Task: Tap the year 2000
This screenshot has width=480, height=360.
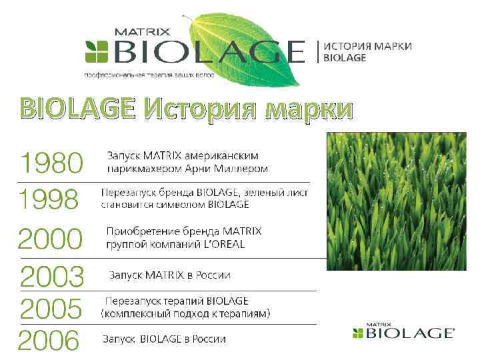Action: click(x=51, y=238)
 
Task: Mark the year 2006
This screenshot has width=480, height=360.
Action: click(x=49, y=341)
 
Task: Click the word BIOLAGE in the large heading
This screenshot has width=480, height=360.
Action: click(x=77, y=107)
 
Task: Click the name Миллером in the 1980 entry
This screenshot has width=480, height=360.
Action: click(x=244, y=169)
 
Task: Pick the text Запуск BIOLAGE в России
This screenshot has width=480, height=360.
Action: click(x=164, y=339)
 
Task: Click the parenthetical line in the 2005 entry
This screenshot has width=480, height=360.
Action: click(x=185, y=313)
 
